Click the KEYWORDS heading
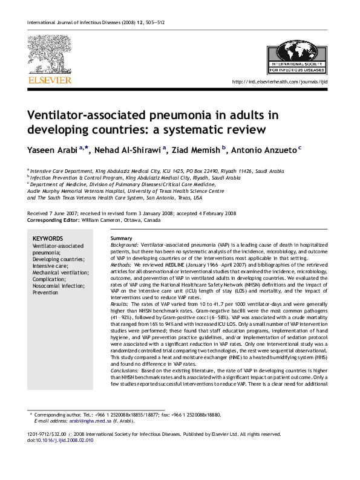[x=47, y=238]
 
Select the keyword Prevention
[x=45, y=293]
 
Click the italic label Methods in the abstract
[x=122, y=265]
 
